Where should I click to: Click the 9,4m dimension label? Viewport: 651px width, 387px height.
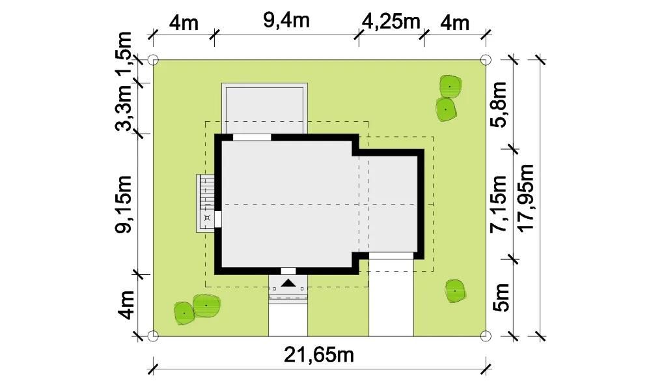coord(286,20)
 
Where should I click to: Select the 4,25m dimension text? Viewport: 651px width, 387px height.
coord(391,21)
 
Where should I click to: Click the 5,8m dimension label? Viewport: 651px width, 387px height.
coord(499,104)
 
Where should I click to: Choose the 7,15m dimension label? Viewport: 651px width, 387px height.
coord(499,204)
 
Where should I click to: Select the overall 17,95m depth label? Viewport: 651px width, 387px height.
coord(525,197)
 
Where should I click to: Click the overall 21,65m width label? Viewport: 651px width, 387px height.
coord(319,355)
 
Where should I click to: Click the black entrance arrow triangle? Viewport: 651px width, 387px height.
coord(288,283)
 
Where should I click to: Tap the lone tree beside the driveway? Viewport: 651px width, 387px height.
coord(455,291)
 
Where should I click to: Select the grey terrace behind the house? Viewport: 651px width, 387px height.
coord(264,108)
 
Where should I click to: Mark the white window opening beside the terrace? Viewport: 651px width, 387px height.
coord(252,137)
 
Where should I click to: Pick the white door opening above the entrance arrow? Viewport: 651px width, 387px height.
coord(288,271)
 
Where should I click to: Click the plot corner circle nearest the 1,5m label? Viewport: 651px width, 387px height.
coord(153,61)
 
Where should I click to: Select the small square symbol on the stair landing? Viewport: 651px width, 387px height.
coord(208,218)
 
